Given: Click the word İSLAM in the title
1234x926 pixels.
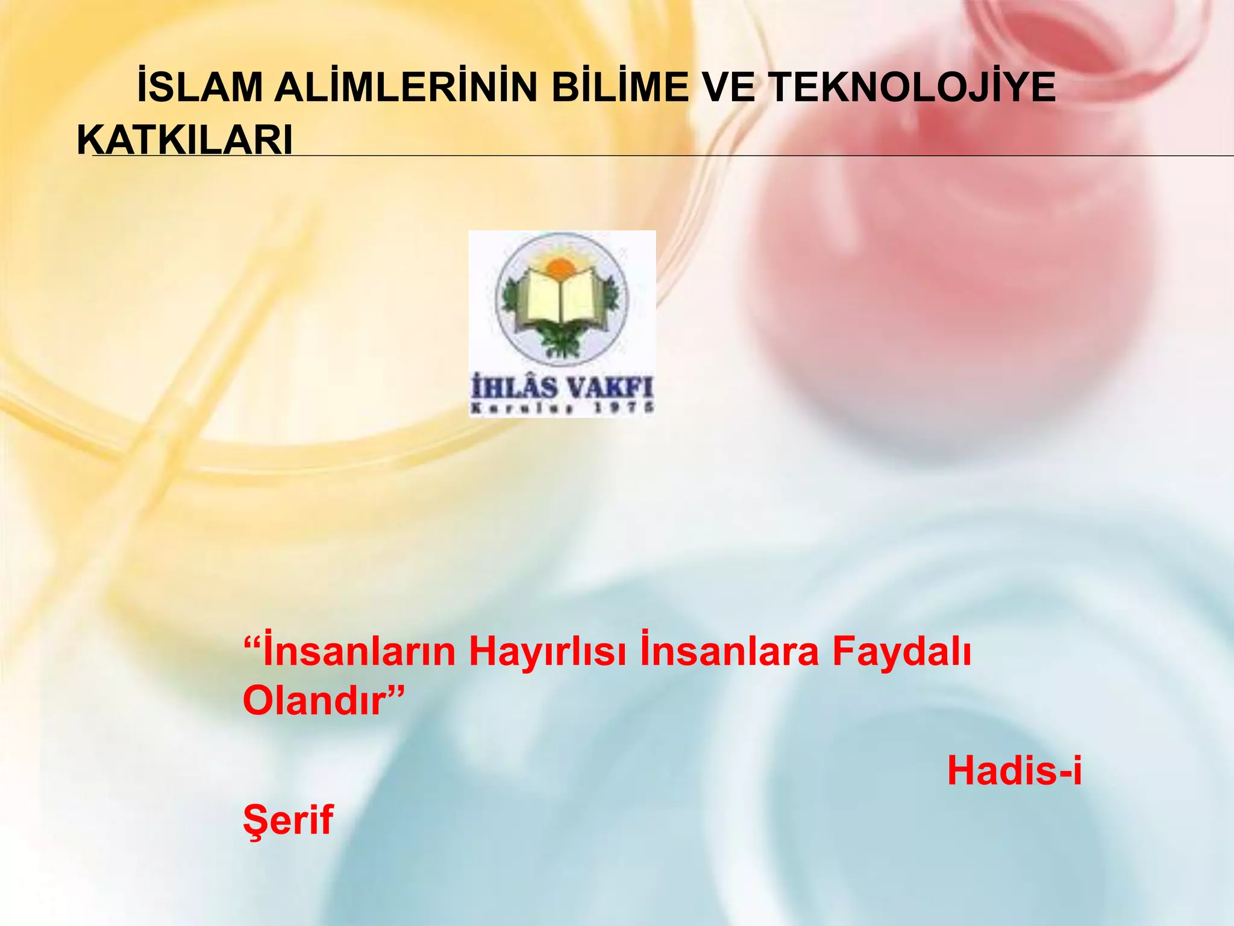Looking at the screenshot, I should point(199,87).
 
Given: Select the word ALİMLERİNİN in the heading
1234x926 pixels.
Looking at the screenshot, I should point(405,87).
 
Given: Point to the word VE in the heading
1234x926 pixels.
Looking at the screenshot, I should point(728,87).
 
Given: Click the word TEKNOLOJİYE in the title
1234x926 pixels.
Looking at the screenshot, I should point(913,87).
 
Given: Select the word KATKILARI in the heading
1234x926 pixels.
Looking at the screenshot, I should point(185,140).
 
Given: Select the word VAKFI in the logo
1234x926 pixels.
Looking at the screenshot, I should point(610,387).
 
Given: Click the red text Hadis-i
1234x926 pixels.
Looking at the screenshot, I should point(1014,771).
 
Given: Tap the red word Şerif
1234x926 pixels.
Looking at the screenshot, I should point(288,819).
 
